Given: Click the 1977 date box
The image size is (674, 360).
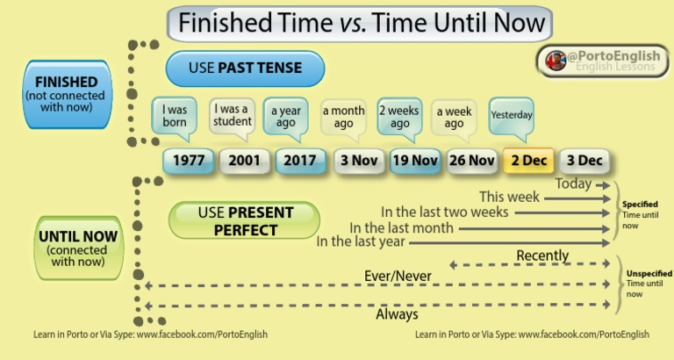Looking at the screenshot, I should (188, 161).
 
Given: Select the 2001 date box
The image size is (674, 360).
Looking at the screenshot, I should (244, 161).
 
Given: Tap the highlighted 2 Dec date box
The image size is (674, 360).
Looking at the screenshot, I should (528, 161).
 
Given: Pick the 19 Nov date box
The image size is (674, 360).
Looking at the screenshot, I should (415, 161).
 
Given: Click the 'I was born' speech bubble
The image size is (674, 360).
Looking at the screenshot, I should (175, 117).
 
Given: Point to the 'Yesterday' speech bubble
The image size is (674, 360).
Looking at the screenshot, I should (511, 115).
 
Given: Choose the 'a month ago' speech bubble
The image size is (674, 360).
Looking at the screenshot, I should (343, 117).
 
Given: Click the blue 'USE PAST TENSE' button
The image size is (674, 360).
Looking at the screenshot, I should (245, 68).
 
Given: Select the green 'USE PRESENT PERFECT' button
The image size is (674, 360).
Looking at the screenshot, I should (243, 221).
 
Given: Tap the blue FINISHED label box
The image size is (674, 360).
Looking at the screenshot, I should (66, 94).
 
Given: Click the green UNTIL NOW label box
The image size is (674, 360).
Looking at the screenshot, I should (78, 248).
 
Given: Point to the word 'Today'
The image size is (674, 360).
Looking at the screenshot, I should (573, 184).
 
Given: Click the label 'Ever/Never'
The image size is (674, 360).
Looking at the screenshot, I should (398, 277).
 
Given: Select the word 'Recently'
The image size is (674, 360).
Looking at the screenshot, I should (542, 256).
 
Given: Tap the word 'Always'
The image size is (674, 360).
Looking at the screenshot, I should (397, 313).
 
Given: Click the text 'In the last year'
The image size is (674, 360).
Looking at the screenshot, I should (361, 241).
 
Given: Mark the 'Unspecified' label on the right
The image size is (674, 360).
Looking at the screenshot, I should (648, 273).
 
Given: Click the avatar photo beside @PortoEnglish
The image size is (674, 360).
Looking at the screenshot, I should (555, 61).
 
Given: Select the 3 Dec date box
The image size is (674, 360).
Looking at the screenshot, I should (584, 161).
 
